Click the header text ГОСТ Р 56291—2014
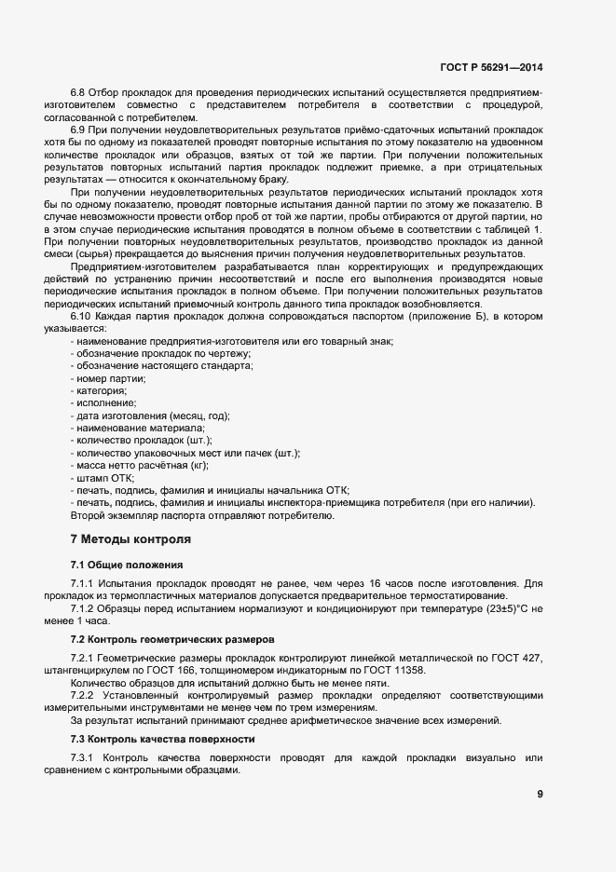click(x=490, y=67)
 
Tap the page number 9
click(x=541, y=794)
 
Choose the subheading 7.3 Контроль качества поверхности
click(x=163, y=739)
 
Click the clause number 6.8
click(x=79, y=94)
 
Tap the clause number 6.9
click(x=79, y=130)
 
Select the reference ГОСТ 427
click(x=518, y=659)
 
